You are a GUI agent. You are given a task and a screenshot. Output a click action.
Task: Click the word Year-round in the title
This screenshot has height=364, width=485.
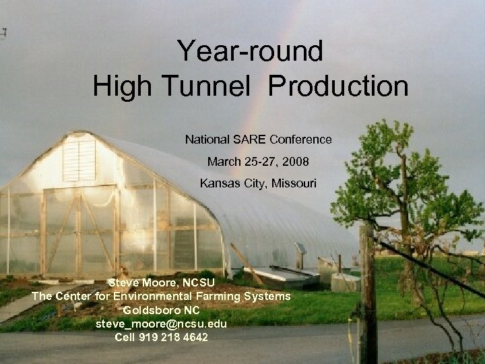pyautogui.click(x=250, y=51)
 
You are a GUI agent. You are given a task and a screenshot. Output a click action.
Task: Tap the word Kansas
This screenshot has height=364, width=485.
pyautogui.click(x=218, y=183)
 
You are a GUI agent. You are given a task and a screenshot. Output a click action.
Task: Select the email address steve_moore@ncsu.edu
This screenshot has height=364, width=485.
pyautogui.click(x=161, y=324)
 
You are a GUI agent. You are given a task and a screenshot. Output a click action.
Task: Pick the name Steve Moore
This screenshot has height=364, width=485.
pyautogui.click(x=139, y=283)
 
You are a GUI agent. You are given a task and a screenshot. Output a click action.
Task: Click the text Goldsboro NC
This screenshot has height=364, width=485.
pyautogui.click(x=162, y=310)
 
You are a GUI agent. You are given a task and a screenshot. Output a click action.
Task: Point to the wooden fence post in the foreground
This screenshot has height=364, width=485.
pyautogui.click(x=367, y=290)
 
